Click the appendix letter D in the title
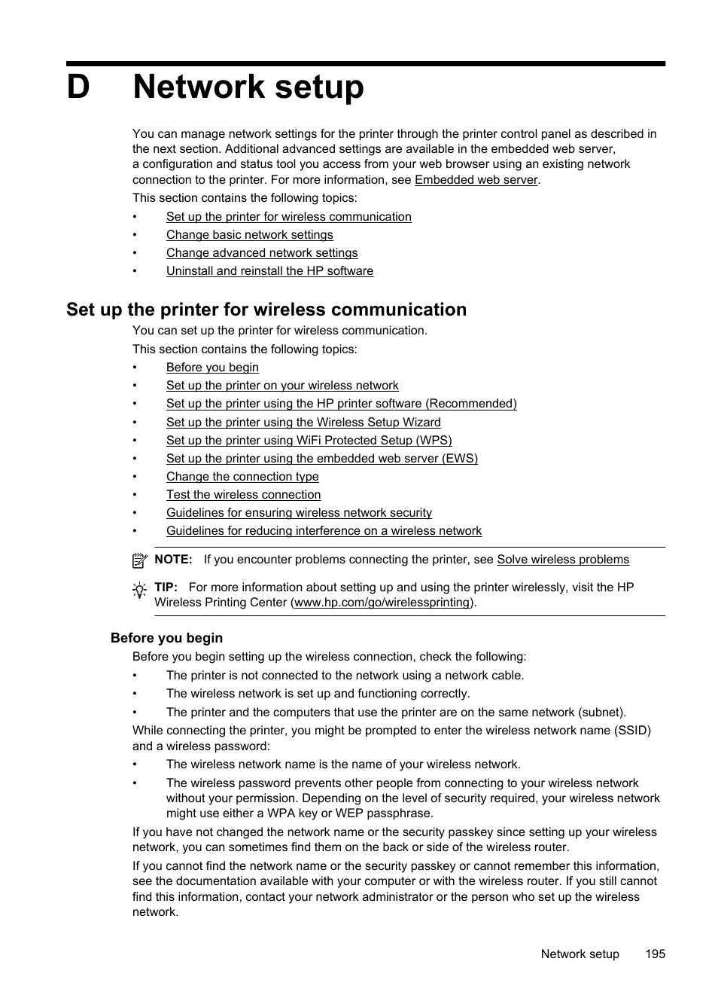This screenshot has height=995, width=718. [x=78, y=87]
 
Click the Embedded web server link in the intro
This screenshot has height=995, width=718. [x=476, y=180]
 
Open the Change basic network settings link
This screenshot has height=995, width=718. [x=249, y=235]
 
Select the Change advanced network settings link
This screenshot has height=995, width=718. [x=262, y=253]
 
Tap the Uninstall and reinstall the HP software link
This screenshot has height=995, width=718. [x=269, y=271]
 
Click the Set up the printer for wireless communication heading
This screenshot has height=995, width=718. [x=266, y=310]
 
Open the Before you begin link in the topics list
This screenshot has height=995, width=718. [x=212, y=368]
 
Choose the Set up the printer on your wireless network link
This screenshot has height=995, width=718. [x=282, y=386]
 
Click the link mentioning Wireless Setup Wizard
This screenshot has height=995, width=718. [x=303, y=423]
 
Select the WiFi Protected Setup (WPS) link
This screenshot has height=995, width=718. [x=309, y=441]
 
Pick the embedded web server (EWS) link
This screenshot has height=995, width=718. [x=321, y=459]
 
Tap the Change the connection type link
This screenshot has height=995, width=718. [x=242, y=477]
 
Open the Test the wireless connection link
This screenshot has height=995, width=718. [x=243, y=495]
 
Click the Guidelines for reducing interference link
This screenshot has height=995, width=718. [x=324, y=531]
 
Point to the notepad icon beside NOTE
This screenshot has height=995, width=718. [x=139, y=560]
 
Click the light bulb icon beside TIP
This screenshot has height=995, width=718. [x=139, y=591]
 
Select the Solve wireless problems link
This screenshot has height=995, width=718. [x=562, y=560]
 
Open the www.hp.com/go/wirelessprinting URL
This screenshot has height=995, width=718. [x=382, y=603]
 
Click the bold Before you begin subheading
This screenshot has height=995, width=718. [x=166, y=638]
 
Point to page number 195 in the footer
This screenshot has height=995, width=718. [x=655, y=954]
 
